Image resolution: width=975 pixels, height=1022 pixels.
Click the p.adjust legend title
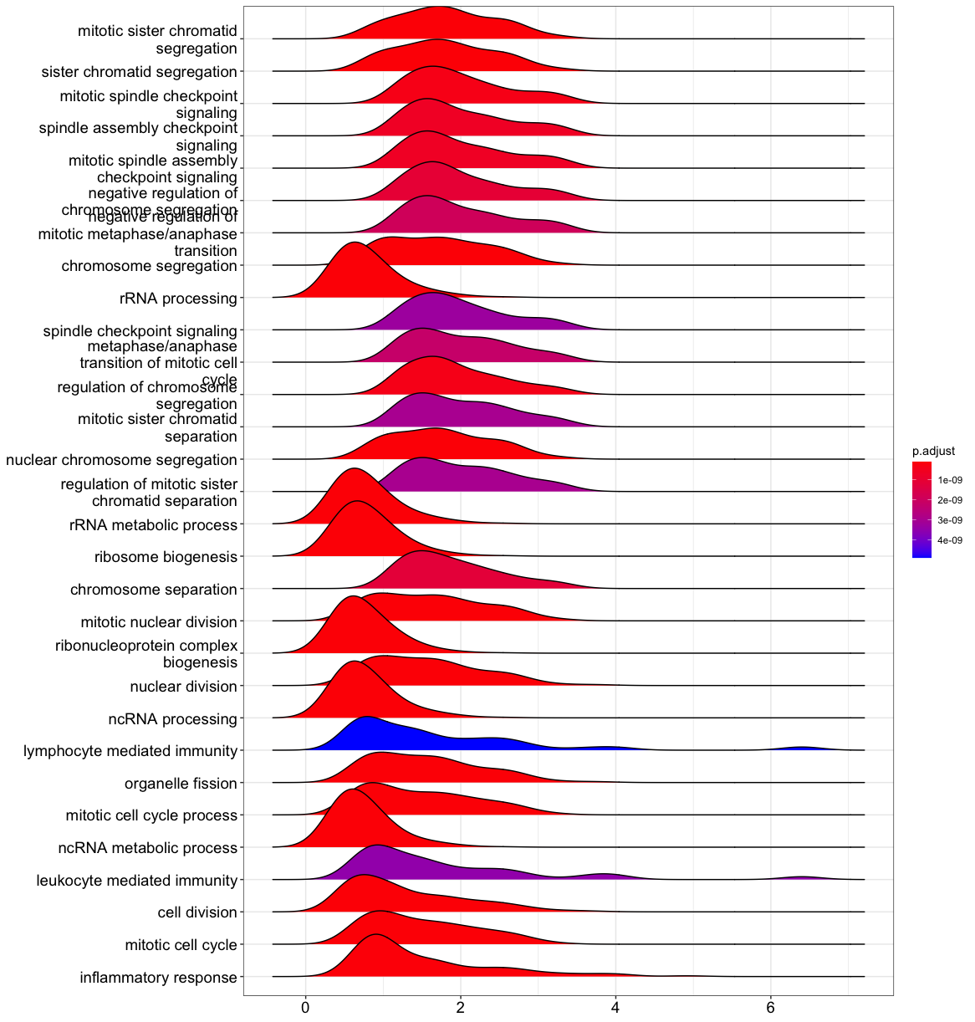(933, 451)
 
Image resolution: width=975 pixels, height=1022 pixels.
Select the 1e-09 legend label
(949, 480)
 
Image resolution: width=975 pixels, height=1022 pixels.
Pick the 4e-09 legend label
(949, 540)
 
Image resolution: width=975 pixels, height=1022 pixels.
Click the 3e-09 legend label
(949, 520)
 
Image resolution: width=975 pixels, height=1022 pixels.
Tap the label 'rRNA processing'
(178, 299)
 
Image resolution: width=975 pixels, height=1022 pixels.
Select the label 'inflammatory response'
(158, 977)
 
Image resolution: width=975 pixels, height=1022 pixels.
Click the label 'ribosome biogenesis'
(166, 557)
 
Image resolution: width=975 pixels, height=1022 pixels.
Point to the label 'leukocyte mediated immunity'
(137, 880)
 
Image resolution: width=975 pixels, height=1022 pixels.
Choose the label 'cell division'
(197, 912)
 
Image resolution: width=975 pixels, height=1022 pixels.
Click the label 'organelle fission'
(181, 784)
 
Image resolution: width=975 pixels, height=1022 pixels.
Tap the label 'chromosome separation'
(154, 590)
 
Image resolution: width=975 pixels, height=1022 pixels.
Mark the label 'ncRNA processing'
(173, 719)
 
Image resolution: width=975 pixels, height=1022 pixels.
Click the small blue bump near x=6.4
(801, 748)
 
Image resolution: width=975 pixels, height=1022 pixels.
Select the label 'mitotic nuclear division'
(159, 622)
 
